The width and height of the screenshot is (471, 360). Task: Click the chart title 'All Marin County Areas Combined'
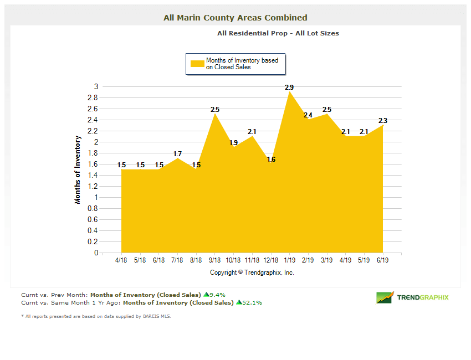[235, 18]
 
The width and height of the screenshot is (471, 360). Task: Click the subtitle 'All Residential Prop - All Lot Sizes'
[278, 33]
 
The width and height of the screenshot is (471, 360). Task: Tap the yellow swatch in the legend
[197, 64]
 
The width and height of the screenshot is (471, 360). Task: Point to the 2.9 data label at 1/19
[289, 88]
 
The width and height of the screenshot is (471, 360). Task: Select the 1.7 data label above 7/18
[177, 154]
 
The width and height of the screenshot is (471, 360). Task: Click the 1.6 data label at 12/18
[271, 160]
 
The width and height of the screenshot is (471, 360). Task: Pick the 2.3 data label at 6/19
[383, 121]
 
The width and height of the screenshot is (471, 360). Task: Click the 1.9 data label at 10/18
[233, 143]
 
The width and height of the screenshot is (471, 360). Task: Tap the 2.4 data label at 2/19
[308, 115]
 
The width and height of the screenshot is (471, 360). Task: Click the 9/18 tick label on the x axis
[214, 260]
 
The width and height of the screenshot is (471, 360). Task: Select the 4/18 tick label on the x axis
[121, 260]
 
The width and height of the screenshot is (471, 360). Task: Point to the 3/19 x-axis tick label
[327, 260]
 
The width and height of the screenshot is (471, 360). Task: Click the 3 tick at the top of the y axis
[96, 86]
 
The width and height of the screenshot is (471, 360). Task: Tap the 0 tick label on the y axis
[96, 253]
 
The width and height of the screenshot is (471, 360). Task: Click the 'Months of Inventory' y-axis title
[78, 169]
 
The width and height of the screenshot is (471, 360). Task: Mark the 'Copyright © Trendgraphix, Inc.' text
[252, 272]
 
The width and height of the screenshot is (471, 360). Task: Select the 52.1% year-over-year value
[252, 303]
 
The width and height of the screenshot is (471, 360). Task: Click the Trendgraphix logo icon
[385, 297]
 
